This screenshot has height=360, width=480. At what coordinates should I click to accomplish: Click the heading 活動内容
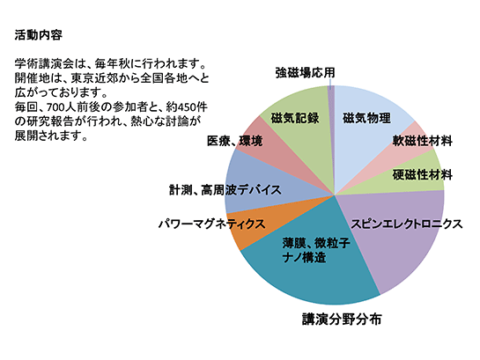39,35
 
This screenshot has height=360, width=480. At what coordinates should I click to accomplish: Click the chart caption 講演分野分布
342,319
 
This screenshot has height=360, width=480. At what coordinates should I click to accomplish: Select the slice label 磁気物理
366,118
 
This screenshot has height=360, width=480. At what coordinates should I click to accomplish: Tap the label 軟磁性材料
423,141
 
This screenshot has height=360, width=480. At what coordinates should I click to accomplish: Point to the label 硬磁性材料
423,175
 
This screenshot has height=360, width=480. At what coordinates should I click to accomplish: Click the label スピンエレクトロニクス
406,224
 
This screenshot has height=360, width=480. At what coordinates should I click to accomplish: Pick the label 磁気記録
295,118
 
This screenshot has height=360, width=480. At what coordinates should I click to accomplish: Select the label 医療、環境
235,141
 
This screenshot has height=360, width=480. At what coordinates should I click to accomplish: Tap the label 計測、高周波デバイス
225,190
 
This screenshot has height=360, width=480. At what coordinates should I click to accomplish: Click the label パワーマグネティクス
211,224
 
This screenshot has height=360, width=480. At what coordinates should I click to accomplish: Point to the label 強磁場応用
305,73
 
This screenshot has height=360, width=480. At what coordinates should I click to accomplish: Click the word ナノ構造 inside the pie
304,258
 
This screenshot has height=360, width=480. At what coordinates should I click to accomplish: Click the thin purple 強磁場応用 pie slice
331,122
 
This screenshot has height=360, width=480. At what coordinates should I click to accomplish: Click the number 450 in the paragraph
186,107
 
